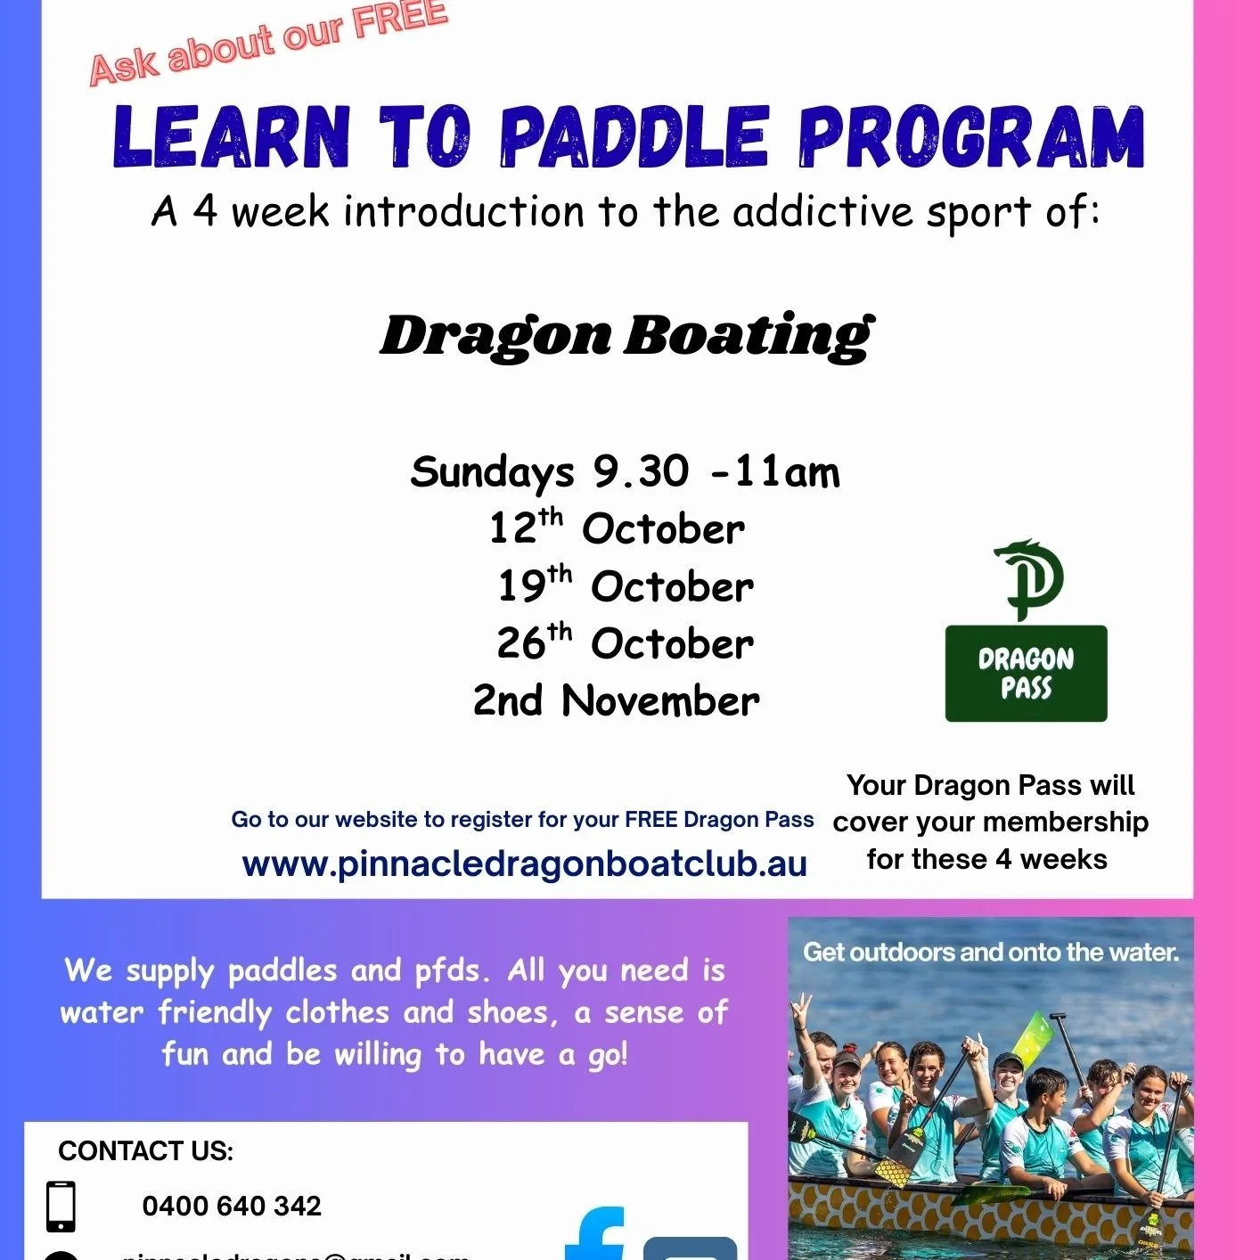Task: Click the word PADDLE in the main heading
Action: click(634, 137)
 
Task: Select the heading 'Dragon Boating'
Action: click(626, 336)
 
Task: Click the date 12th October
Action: click(617, 528)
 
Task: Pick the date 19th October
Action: click(626, 585)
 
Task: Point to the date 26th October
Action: click(626, 642)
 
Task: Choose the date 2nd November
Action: click(617, 700)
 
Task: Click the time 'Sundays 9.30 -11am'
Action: click(625, 471)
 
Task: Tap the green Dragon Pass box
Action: click(1026, 673)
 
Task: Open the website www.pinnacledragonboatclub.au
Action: click(524, 864)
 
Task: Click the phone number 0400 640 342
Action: click(232, 1206)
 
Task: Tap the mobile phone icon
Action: click(61, 1207)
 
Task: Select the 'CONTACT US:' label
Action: click(145, 1151)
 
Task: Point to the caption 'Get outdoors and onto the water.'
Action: click(990, 953)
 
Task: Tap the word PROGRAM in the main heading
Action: click(970, 137)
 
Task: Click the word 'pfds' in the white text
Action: click(447, 970)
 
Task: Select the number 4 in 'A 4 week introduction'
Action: click(205, 211)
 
